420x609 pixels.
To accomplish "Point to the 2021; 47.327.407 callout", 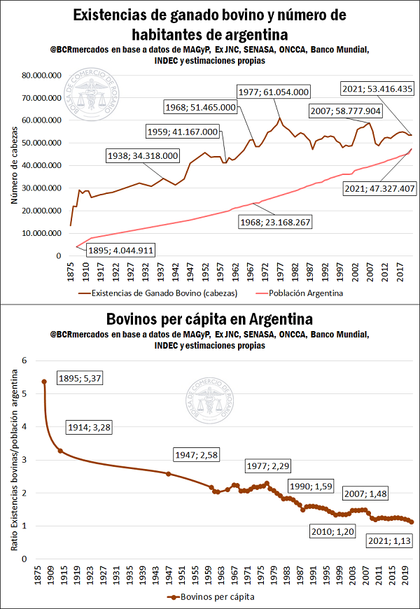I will (x=379, y=188).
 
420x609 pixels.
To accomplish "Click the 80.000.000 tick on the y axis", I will (x=42, y=76).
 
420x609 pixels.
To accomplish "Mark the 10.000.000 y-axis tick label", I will (x=42, y=233).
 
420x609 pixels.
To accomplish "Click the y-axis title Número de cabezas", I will (x=15, y=165).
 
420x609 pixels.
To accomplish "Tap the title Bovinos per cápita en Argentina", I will (x=210, y=319).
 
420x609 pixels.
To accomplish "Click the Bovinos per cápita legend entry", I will (x=210, y=596).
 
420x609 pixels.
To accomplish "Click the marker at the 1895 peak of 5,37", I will (x=44, y=381).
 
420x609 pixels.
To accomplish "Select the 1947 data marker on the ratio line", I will (x=168, y=474).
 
